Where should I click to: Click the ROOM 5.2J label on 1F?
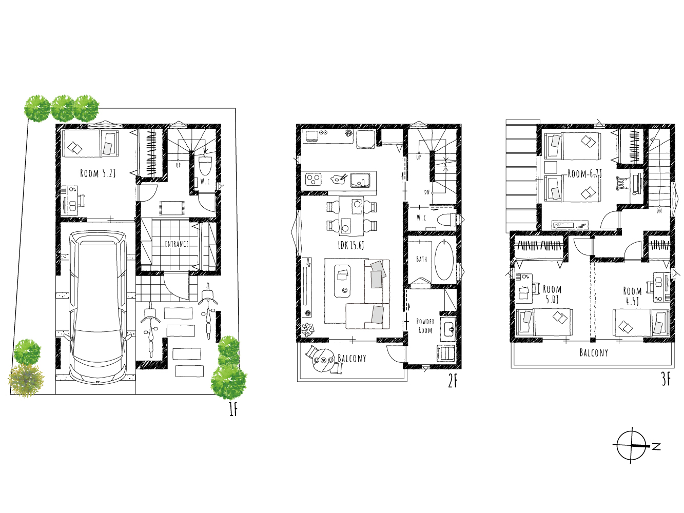click(98, 173)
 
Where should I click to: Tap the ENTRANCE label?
click(177, 244)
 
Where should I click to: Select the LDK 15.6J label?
click(351, 245)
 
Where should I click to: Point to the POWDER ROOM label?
click(425, 326)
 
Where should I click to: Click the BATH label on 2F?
click(421, 259)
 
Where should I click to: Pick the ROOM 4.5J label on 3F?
click(632, 296)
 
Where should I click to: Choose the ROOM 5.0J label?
click(552, 294)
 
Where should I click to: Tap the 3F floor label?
click(666, 380)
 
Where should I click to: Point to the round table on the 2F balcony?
click(324, 361)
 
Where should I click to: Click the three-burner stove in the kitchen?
click(313, 179)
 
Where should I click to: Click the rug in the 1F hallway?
click(172, 208)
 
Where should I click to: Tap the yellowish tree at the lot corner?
click(26, 381)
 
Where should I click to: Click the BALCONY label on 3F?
click(594, 352)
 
